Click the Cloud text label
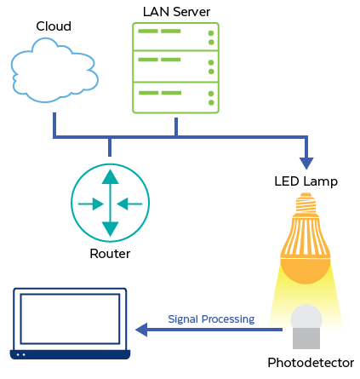pyautogui.click(x=53, y=26)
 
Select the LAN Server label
pyautogui.click(x=176, y=12)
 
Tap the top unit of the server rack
pyautogui.click(x=175, y=37)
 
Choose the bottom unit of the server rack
pyautogui.click(x=175, y=96)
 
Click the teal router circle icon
pyautogui.click(x=110, y=203)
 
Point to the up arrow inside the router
pyautogui.click(x=110, y=179)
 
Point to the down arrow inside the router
pyautogui.click(x=110, y=227)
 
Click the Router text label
pyautogui.click(x=110, y=254)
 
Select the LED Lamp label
pyautogui.click(x=306, y=181)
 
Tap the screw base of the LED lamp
pyautogui.click(x=306, y=204)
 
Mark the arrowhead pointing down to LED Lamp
pyautogui.click(x=306, y=162)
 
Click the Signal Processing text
pyautogui.click(x=211, y=319)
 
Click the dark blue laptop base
pyautogui.click(x=70, y=353)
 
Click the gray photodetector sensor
pyautogui.click(x=306, y=328)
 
